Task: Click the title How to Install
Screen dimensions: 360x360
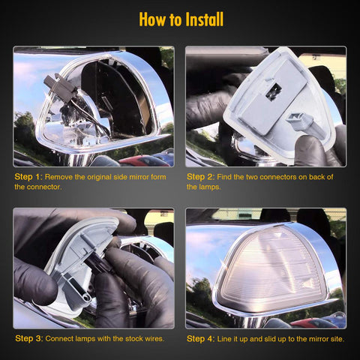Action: pyautogui.click(x=180, y=19)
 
